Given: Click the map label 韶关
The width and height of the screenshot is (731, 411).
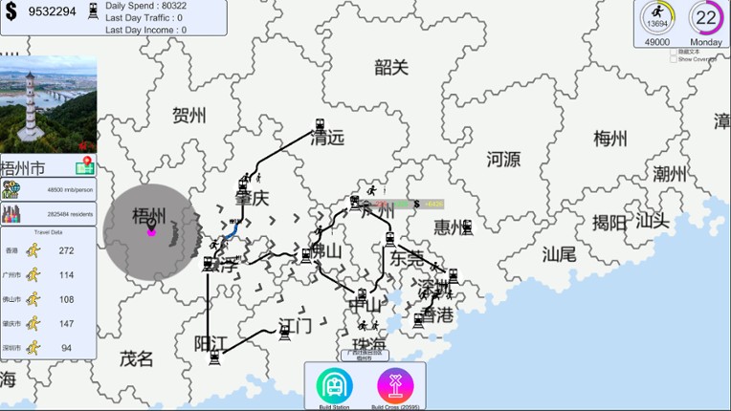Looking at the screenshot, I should pyautogui.click(x=391, y=67).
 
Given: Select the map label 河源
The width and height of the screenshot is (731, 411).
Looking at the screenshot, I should pyautogui.click(x=503, y=159).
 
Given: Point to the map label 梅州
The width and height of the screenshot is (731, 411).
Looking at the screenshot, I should pyautogui.click(x=610, y=139).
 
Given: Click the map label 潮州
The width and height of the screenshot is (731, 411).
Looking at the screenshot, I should pyautogui.click(x=670, y=174).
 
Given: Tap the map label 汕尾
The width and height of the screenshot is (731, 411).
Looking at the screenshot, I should pyautogui.click(x=559, y=253).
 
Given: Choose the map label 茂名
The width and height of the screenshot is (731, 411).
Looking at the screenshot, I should pyautogui.click(x=136, y=358).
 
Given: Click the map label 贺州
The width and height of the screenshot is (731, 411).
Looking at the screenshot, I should pyautogui.click(x=189, y=116).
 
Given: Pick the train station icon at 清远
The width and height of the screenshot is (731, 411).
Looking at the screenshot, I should pyautogui.click(x=321, y=125).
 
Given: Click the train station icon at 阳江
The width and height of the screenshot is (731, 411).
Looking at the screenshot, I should pyautogui.click(x=214, y=357).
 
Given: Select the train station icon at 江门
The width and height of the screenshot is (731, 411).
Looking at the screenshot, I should pyautogui.click(x=284, y=332).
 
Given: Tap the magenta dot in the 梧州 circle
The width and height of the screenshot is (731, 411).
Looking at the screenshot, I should pyautogui.click(x=151, y=230).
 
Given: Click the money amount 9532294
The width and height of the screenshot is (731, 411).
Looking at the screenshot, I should pyautogui.click(x=52, y=11).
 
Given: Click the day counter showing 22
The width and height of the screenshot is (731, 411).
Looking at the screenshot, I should pyautogui.click(x=706, y=17).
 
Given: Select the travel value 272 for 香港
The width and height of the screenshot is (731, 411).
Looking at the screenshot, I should pyautogui.click(x=66, y=250).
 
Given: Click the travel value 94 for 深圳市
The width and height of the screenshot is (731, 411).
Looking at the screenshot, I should pyautogui.click(x=66, y=348).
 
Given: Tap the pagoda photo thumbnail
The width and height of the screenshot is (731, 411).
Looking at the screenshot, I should pyautogui.click(x=48, y=103).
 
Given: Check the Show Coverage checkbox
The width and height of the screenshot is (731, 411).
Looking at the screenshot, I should pyautogui.click(x=674, y=59).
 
